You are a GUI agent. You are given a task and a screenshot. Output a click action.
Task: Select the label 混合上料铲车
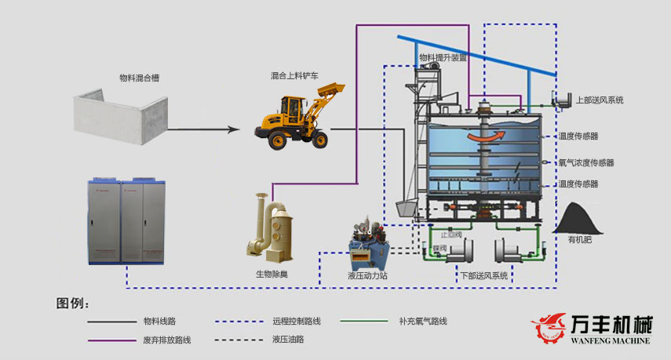(x=294, y=76)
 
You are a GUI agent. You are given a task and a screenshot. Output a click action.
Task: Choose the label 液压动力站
(x=367, y=276)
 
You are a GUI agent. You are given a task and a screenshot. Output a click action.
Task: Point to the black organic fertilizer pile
(x=583, y=218)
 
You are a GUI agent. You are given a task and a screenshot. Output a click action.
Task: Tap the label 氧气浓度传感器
(x=585, y=163)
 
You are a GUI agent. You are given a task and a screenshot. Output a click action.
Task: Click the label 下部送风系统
(x=483, y=276)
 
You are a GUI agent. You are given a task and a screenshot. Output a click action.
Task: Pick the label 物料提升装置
(x=443, y=57)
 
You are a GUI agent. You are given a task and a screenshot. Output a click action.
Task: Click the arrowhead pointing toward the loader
(x=233, y=129)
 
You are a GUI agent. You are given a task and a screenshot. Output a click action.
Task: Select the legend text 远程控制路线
(x=296, y=321)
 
